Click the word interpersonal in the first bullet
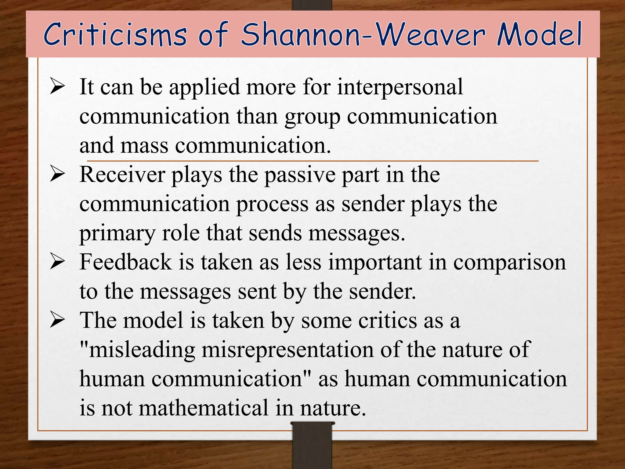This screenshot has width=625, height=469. coord(400,87)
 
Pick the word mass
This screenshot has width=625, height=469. coord(144,145)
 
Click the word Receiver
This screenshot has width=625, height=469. coord(122,175)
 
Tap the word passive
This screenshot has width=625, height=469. coord(300,175)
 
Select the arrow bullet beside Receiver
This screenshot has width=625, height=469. coord(57,175)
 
